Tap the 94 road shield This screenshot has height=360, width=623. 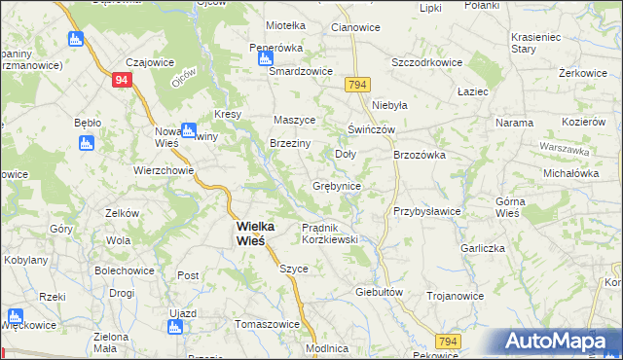(x=121, y=82)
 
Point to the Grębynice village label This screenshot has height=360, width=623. (x=337, y=186)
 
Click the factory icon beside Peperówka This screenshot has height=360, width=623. (x=266, y=58)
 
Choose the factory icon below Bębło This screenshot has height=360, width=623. (x=85, y=144)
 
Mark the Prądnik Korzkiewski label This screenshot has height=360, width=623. (x=331, y=233)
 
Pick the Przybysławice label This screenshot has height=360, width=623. (x=426, y=211)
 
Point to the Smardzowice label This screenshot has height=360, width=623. (x=302, y=72)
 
